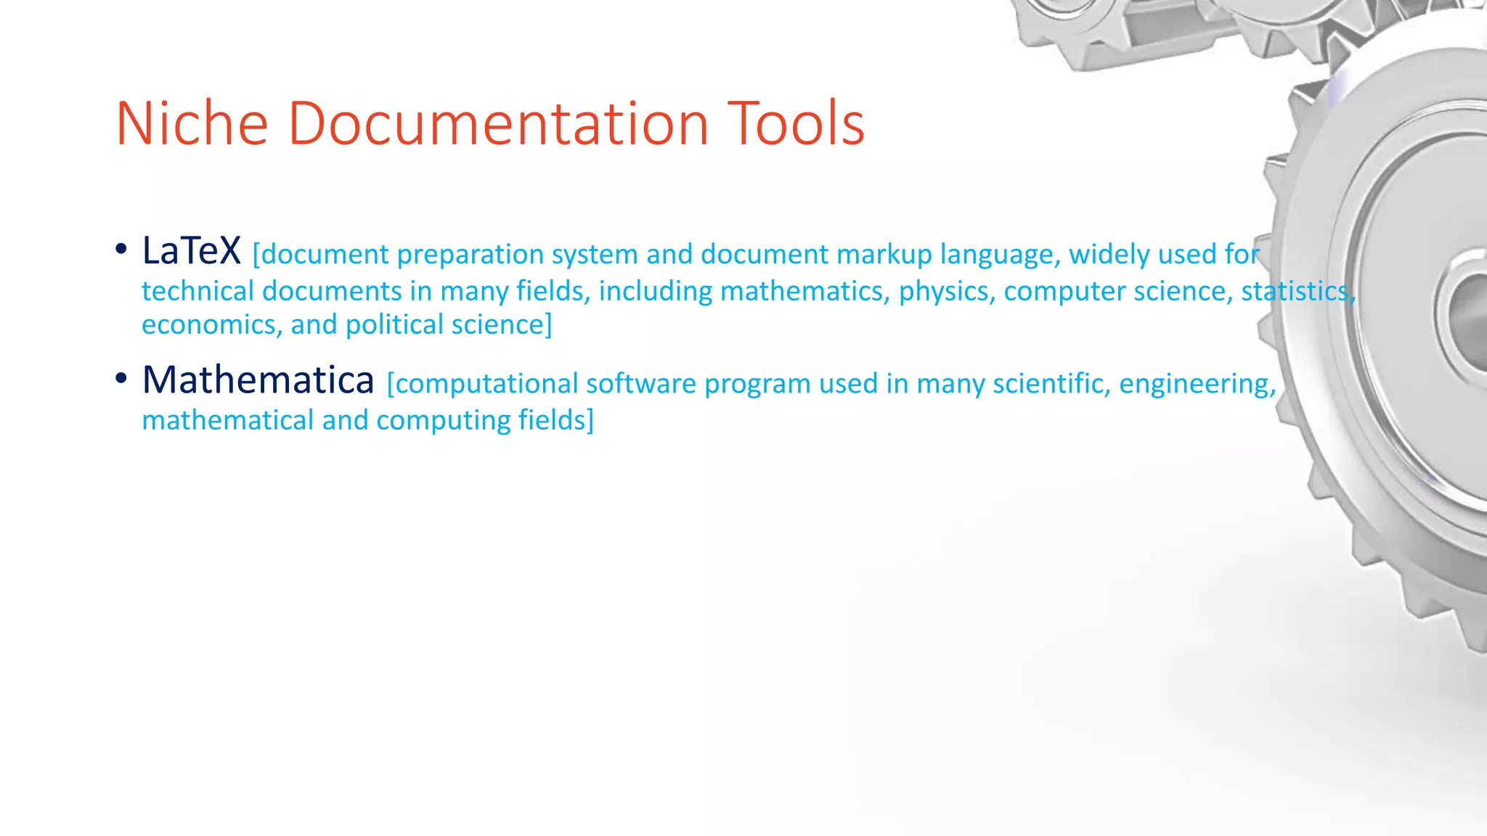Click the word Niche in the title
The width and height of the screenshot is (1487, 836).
pyautogui.click(x=192, y=124)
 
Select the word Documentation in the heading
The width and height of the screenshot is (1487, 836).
pyautogui.click(x=498, y=124)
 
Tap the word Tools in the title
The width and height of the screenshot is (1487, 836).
pyautogui.click(x=796, y=124)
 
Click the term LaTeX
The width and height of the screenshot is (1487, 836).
pyautogui.click(x=191, y=250)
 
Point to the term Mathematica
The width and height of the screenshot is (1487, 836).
pyautogui.click(x=258, y=380)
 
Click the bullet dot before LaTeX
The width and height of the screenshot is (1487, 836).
pyautogui.click(x=121, y=250)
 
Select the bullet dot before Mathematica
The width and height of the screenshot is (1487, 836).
pyautogui.click(x=121, y=378)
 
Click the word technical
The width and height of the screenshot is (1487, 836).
pyautogui.click(x=198, y=291)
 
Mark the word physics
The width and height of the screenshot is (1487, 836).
pyautogui.click(x=947, y=292)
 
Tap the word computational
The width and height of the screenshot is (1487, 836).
pyautogui.click(x=485, y=384)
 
